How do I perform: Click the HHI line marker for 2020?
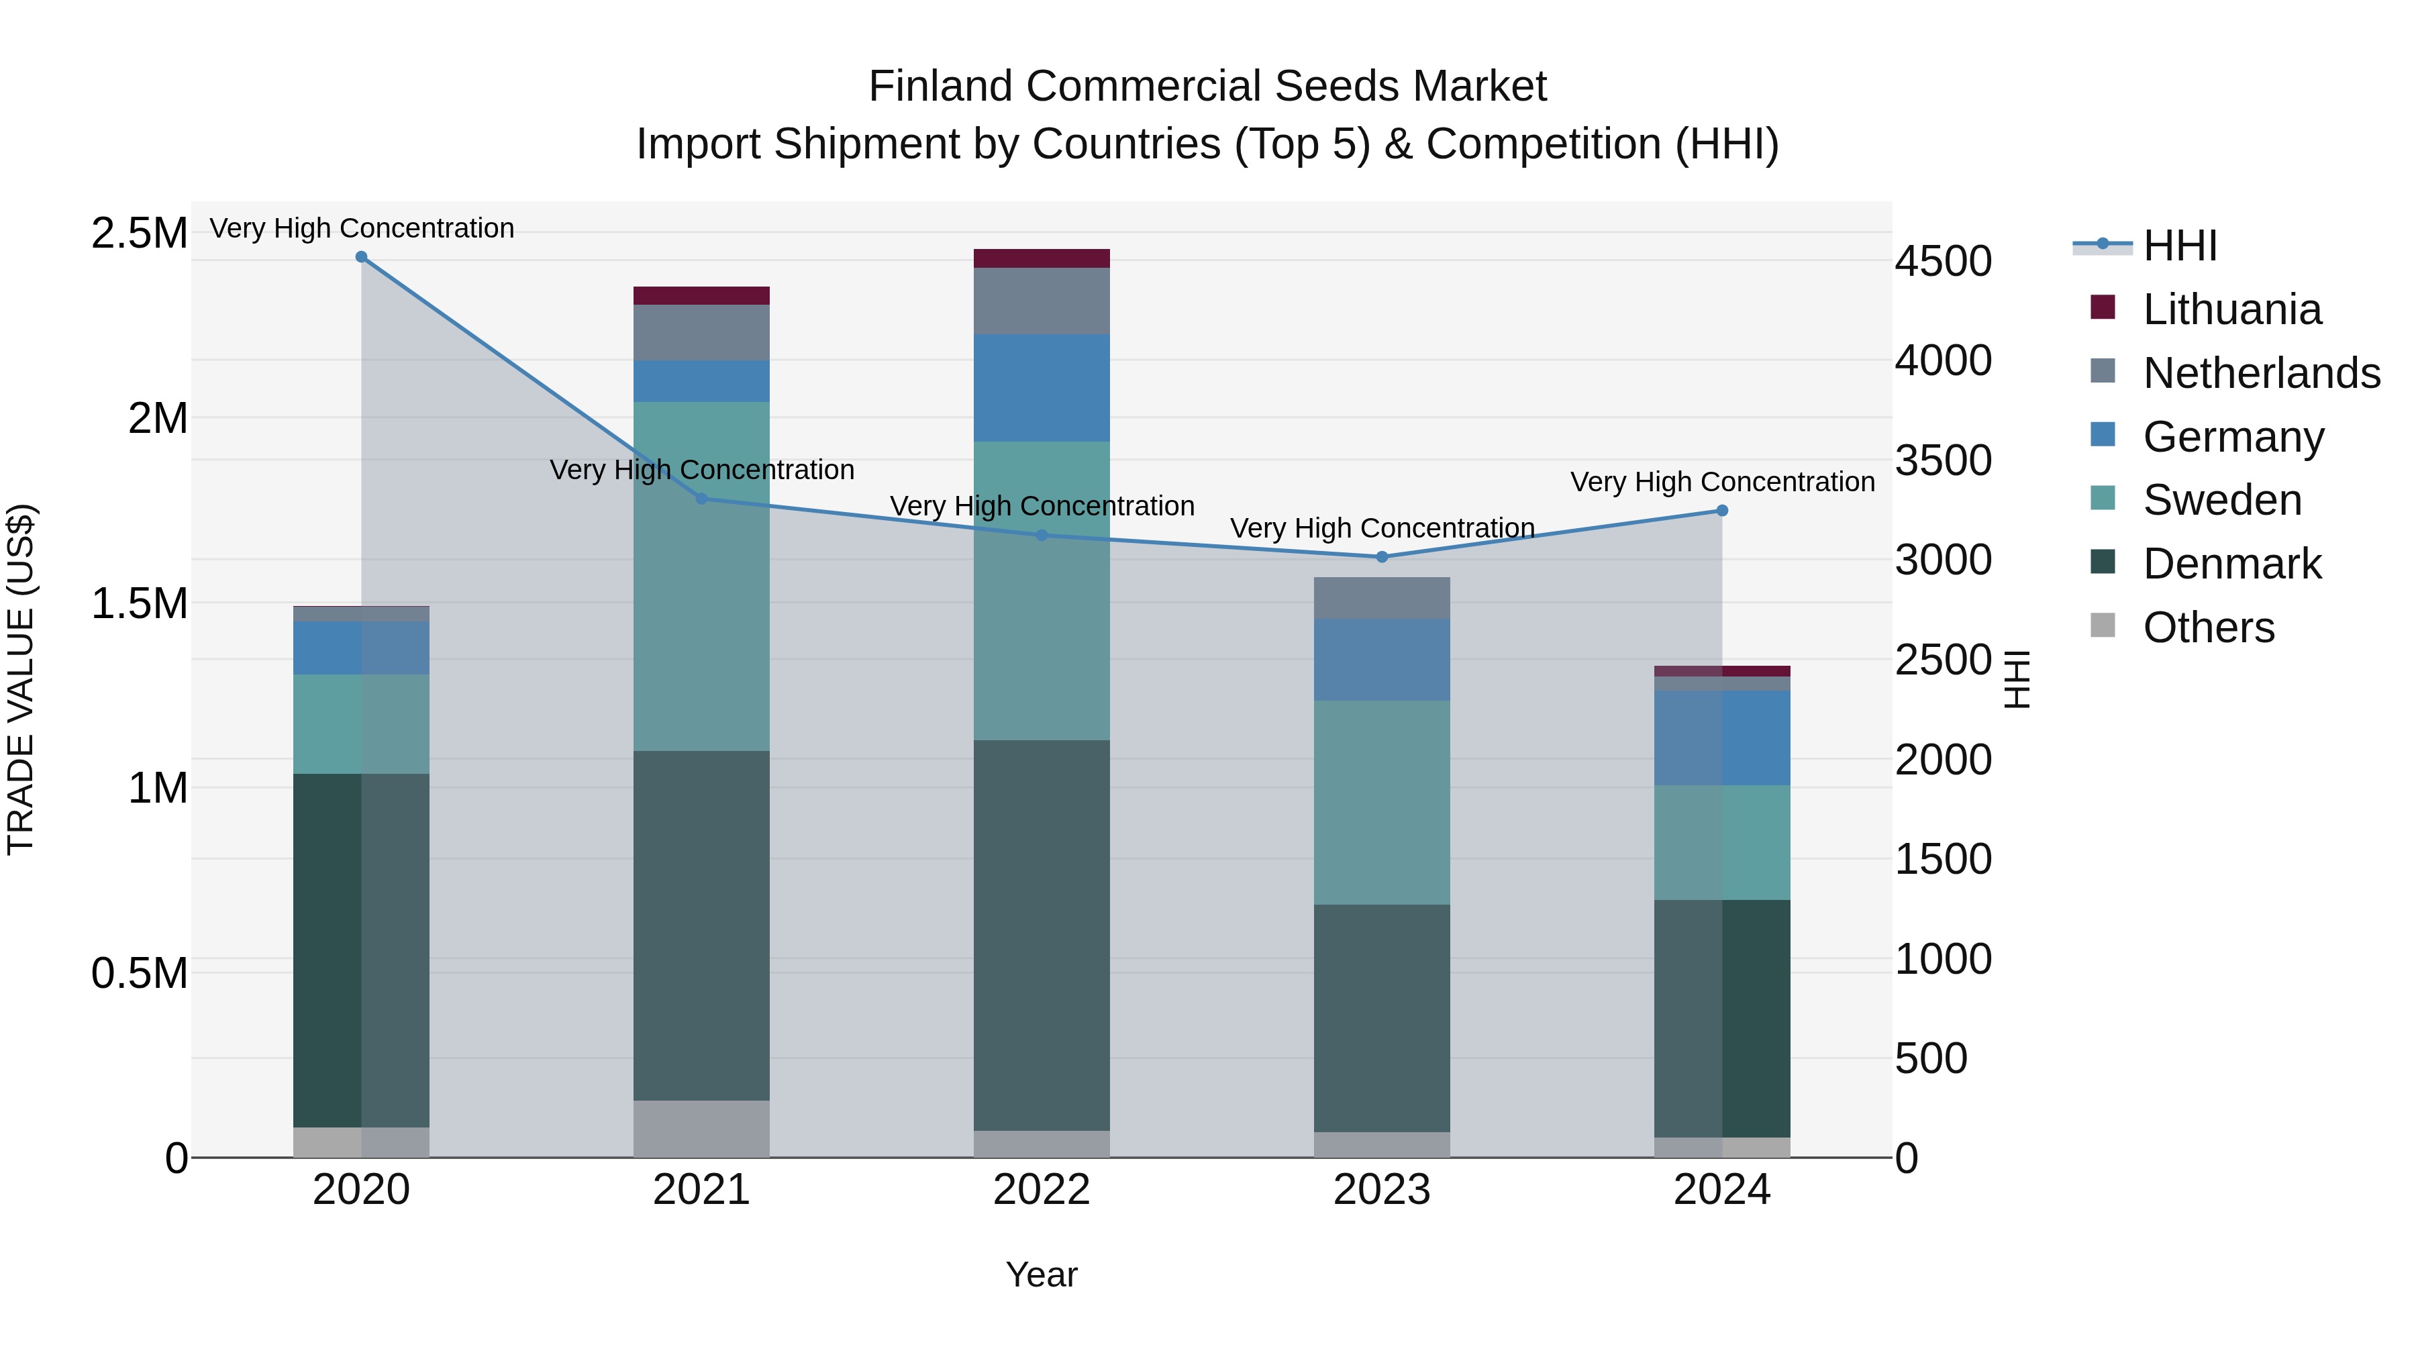click(x=361, y=257)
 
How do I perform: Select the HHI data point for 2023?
click(x=1382, y=557)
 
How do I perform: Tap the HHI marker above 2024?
click(x=1722, y=511)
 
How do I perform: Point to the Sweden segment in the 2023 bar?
click(x=1382, y=802)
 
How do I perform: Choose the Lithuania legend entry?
click(x=2231, y=309)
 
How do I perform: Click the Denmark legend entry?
click(x=2231, y=564)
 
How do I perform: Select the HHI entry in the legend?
click(x=2180, y=246)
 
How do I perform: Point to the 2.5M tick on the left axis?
click(x=139, y=234)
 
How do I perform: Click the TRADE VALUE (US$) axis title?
click(x=21, y=679)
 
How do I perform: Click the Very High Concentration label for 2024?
click(x=1722, y=482)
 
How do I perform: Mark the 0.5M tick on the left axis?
click(x=139, y=974)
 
